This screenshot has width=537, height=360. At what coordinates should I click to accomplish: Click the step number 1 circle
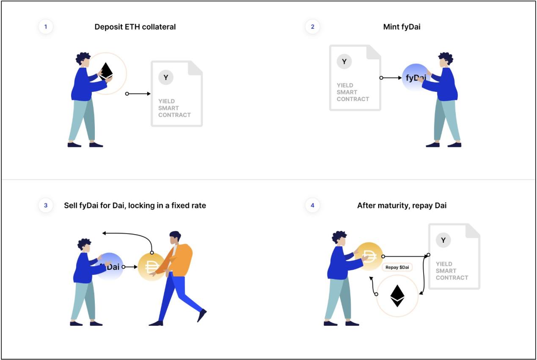[x=46, y=27]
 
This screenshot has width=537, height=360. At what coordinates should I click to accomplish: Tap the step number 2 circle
[x=312, y=27]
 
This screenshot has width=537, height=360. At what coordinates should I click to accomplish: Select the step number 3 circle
[x=46, y=206]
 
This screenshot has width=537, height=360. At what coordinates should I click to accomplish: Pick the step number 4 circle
[x=312, y=206]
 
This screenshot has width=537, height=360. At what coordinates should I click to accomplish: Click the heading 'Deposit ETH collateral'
[x=135, y=27]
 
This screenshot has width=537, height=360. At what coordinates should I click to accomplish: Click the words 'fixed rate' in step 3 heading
[x=190, y=206]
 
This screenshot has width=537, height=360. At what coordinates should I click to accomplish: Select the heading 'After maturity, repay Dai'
[x=402, y=206]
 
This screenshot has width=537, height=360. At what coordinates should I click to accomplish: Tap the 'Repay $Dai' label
[x=397, y=268]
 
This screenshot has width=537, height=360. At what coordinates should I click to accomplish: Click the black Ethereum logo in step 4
[x=397, y=295]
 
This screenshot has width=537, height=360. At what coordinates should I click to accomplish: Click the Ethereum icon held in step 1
[x=106, y=71]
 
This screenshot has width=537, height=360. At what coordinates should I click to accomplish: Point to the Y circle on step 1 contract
[x=166, y=78]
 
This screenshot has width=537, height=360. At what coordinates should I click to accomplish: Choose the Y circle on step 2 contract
[x=344, y=62]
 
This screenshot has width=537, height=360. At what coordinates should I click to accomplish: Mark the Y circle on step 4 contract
[x=443, y=241]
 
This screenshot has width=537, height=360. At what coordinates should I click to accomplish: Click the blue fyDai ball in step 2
[x=416, y=78]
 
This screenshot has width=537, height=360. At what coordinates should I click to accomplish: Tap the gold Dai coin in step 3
[x=151, y=267]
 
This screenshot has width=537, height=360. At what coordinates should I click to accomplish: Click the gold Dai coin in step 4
[x=369, y=256]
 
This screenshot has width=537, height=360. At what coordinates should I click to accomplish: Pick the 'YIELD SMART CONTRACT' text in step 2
[x=353, y=92]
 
